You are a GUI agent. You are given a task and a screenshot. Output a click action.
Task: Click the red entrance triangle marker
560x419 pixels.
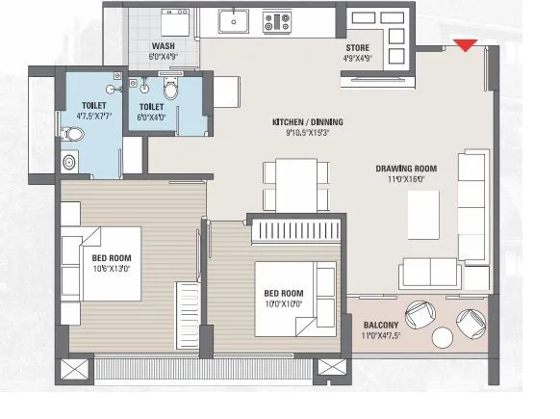pos(466,43)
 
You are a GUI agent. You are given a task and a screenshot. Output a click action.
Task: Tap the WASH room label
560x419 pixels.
pos(163,47)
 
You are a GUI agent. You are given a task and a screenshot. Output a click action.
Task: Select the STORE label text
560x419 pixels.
pos(358,47)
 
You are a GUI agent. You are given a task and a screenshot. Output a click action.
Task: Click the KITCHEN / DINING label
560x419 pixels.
pos(307,122)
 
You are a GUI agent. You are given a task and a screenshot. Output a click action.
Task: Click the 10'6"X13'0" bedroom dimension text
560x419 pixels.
pos(113,269)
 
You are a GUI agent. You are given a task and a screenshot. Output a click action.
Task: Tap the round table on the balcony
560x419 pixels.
pos(443,337)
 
